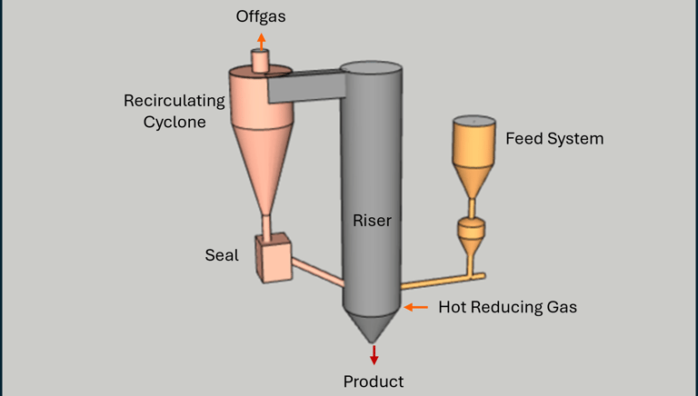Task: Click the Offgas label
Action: (x=262, y=16)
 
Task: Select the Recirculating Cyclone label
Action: (x=165, y=111)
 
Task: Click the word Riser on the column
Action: (x=373, y=220)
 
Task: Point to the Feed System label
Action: (x=554, y=139)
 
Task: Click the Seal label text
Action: (x=221, y=255)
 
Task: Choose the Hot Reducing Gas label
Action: (x=507, y=307)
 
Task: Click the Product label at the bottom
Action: (x=373, y=381)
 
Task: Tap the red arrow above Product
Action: (x=373, y=355)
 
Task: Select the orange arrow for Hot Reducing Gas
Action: (x=415, y=307)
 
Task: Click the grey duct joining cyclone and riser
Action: (x=304, y=86)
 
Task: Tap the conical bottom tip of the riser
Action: (x=373, y=327)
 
